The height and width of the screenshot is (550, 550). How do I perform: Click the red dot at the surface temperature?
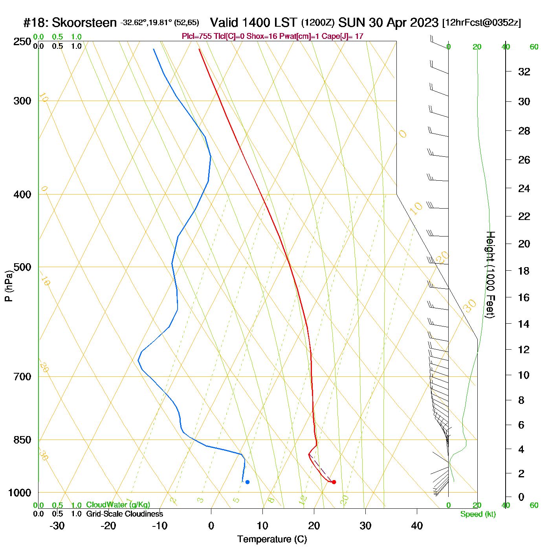point(334,482)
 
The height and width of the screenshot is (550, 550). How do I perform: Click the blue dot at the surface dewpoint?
point(247,482)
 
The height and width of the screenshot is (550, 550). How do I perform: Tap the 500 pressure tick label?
point(22,267)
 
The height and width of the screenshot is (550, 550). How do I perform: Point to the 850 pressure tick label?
point(22,440)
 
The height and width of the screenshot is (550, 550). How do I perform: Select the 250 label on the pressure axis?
point(22,42)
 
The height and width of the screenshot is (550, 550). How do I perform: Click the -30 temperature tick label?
point(57,526)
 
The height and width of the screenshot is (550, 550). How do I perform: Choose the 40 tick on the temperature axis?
point(417,526)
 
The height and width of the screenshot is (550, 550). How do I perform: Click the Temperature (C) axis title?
point(272,539)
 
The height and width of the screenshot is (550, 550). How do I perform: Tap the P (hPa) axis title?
point(9,286)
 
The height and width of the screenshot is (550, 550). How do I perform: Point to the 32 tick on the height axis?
point(524,71)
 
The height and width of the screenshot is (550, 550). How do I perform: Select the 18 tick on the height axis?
point(524,271)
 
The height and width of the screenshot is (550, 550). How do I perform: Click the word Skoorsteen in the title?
point(84,23)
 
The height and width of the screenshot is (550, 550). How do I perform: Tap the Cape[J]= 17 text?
point(343,37)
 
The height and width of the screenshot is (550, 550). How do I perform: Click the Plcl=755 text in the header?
point(196,37)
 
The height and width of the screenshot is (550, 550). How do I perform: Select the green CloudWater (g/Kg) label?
point(118,505)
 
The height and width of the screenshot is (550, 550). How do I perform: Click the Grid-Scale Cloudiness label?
point(125,514)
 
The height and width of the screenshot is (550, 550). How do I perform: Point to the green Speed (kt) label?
point(478,514)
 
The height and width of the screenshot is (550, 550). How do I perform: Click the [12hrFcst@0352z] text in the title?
point(482,23)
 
